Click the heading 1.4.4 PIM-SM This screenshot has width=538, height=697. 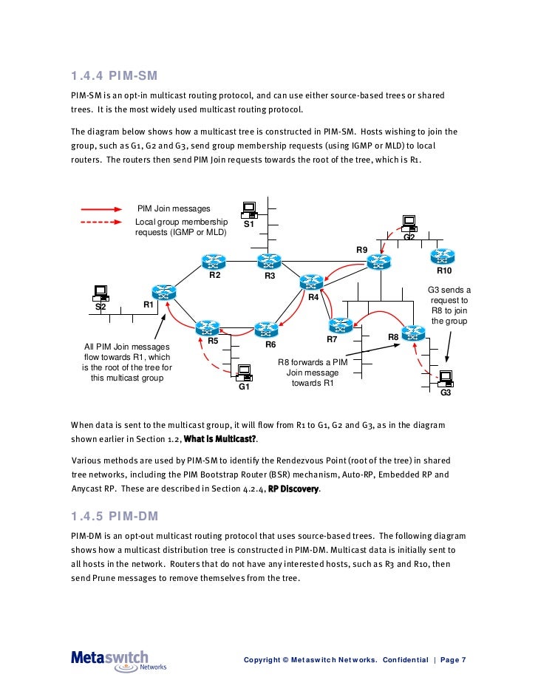coord(114,75)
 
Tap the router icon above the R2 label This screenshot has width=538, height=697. coord(214,262)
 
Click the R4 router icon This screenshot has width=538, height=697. coord(311,282)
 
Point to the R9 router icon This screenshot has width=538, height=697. coord(378,262)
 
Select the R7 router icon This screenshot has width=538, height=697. coord(340,325)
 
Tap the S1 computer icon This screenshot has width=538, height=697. coord(248,210)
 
